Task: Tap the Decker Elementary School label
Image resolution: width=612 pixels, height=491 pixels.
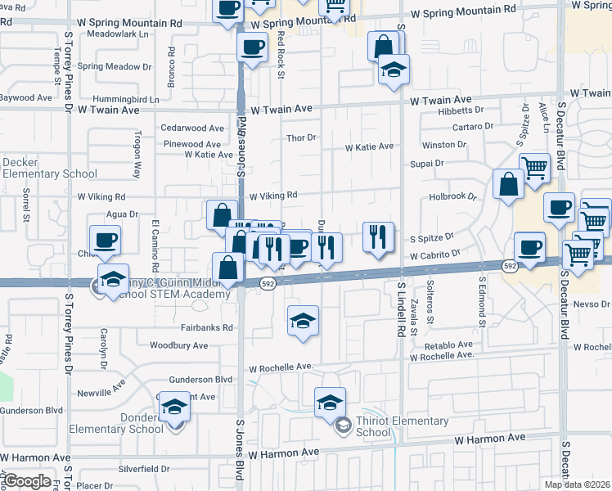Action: click(48, 168)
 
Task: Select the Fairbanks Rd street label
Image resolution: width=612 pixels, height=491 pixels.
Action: click(203, 327)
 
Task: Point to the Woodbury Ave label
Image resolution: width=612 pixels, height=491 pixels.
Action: click(178, 345)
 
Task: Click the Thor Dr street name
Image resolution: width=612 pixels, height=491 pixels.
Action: click(300, 137)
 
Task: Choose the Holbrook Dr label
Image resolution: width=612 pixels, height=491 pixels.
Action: click(452, 197)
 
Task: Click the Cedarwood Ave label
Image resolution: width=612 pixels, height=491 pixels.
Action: click(191, 128)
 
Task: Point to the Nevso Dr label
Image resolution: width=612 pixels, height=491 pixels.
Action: click(593, 304)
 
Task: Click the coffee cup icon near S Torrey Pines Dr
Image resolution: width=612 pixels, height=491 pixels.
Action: click(105, 241)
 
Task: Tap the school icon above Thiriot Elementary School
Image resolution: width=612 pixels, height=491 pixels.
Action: click(330, 402)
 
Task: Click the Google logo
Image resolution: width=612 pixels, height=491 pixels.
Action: click(27, 481)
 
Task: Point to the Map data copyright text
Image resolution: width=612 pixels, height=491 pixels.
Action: click(577, 484)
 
